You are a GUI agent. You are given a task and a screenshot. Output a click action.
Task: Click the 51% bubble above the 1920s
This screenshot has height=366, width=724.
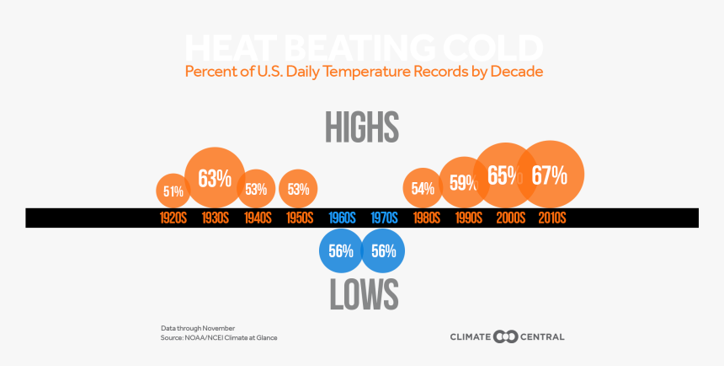173,191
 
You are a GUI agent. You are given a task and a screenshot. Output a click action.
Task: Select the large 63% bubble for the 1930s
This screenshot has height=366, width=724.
215,178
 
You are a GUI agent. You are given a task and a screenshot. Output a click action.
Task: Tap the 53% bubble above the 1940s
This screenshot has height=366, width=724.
256,188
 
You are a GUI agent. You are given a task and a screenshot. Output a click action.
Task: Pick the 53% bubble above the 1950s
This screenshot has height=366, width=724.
298,188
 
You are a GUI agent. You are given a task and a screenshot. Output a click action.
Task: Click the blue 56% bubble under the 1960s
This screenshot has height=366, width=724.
340,250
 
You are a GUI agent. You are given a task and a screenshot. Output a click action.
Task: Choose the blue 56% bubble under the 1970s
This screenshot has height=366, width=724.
384,250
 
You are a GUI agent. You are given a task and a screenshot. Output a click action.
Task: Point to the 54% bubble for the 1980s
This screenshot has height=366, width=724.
423,188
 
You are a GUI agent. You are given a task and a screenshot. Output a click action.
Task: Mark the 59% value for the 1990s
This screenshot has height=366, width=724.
463,181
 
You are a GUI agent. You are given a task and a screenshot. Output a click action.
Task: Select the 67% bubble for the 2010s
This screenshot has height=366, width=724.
550,175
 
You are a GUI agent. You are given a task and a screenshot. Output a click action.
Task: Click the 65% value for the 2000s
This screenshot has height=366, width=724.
503,175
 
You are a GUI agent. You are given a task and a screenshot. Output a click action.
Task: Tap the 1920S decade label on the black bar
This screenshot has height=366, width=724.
173,218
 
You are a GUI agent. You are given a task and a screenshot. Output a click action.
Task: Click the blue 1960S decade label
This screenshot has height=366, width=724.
342,218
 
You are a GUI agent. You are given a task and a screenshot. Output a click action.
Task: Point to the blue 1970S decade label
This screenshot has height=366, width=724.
384,218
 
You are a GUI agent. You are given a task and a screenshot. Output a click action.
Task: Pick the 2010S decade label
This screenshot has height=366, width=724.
552,218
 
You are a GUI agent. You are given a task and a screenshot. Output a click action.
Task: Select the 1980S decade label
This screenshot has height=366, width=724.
426,218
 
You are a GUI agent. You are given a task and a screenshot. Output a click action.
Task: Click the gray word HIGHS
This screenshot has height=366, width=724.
362,128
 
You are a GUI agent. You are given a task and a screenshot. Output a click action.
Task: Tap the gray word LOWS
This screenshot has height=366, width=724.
362,294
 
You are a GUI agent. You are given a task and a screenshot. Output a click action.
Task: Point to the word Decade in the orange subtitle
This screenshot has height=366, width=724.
517,72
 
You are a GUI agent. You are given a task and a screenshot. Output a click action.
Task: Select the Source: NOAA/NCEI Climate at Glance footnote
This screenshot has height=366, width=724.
219,337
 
